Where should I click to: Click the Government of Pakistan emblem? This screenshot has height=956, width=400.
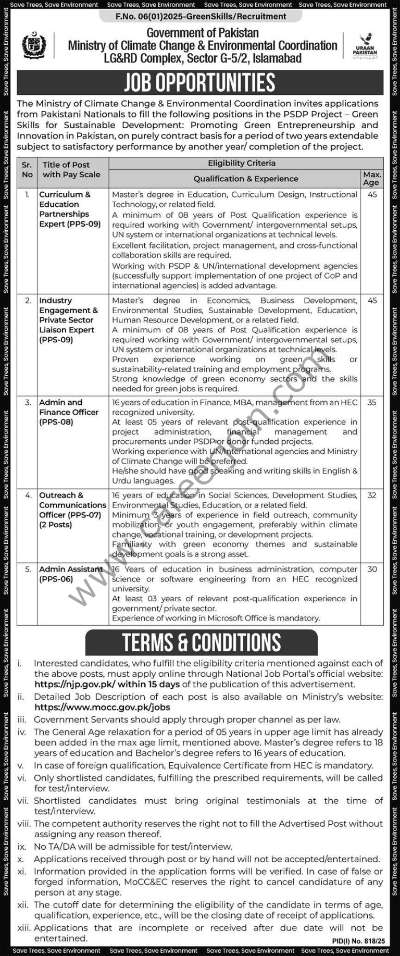click(x=34, y=46)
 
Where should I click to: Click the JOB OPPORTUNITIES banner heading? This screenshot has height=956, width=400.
click(x=200, y=82)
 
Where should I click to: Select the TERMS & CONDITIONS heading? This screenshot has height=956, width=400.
click(x=202, y=642)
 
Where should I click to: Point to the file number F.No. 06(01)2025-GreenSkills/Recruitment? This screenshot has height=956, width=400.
click(x=201, y=17)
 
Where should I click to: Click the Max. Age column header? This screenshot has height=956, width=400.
click(x=372, y=178)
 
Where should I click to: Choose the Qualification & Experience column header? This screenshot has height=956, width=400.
click(x=246, y=179)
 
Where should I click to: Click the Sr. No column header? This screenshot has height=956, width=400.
click(x=27, y=170)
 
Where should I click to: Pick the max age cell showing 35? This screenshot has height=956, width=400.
click(x=372, y=403)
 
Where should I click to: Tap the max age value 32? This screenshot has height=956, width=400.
click(x=372, y=495)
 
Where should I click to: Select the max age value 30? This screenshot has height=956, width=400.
click(x=372, y=569)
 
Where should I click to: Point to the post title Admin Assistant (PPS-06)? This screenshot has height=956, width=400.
click(x=71, y=574)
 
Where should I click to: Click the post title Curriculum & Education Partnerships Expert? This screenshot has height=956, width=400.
click(x=70, y=209)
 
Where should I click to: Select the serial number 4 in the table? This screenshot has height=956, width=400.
click(x=28, y=495)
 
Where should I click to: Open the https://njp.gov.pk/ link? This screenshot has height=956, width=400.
click(x=74, y=685)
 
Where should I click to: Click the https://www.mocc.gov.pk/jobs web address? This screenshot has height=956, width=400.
click(x=102, y=707)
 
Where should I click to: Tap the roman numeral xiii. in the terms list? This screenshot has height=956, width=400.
click(x=23, y=928)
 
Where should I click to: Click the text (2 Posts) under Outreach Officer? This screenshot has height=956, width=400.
click(x=55, y=525)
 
